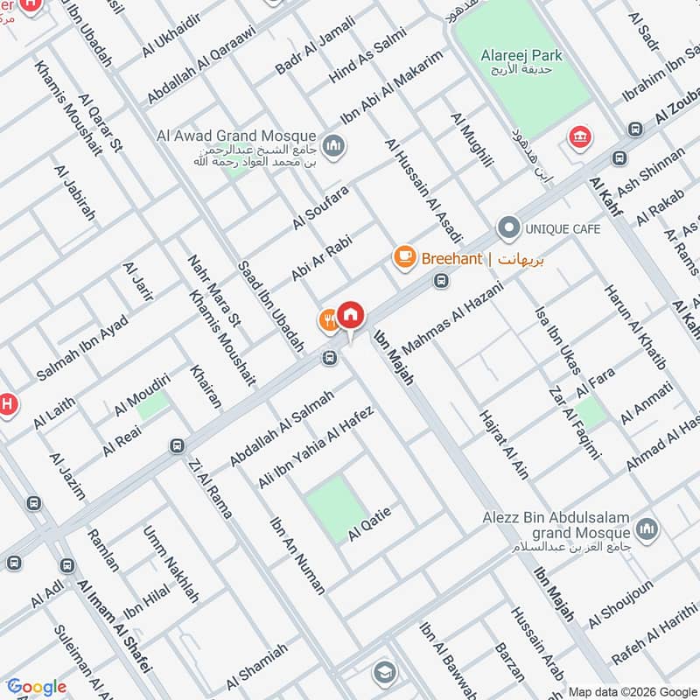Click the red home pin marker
click(350, 315)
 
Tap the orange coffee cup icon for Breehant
click(403, 257)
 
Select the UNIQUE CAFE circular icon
click(508, 229)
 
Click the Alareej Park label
click(521, 56)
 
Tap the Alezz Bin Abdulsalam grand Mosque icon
click(647, 528)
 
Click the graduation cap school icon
click(383, 672)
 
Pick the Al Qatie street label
click(368, 523)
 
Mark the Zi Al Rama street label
click(209, 490)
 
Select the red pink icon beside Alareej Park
click(578, 137)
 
